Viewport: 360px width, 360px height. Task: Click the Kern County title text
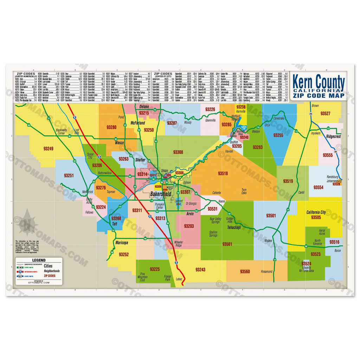click(x=318, y=83)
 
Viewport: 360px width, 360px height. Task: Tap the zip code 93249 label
click(x=48, y=149)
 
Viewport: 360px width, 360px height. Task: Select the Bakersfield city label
click(x=161, y=194)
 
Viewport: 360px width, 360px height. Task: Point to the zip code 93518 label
click(x=223, y=173)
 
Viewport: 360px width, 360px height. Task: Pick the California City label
click(x=316, y=212)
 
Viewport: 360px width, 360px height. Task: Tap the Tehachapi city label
click(x=234, y=227)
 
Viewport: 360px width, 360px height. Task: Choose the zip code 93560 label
click(x=245, y=271)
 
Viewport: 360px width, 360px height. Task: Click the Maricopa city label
click(x=122, y=243)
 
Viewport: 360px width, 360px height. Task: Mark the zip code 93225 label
click(x=155, y=269)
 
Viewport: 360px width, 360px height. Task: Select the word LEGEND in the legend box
click(x=39, y=260)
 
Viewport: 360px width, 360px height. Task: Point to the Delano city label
click(x=144, y=107)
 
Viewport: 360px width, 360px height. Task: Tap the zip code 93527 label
click(x=325, y=113)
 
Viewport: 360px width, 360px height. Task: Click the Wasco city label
click(x=119, y=143)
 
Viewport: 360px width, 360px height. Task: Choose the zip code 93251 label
click(x=69, y=175)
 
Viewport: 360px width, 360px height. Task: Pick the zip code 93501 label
click(x=271, y=216)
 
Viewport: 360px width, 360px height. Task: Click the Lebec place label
click(x=179, y=279)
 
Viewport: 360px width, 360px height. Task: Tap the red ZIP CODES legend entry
click(x=50, y=276)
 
